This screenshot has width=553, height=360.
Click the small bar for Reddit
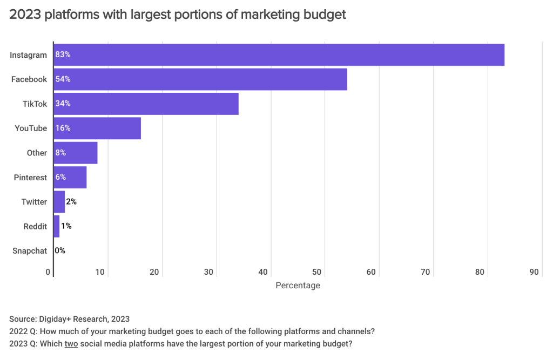tap(56, 226)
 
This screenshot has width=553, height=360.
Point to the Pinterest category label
tap(31, 178)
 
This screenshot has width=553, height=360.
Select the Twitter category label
tap(34, 202)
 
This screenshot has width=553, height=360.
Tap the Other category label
tap(37, 153)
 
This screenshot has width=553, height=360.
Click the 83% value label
tap(63, 55)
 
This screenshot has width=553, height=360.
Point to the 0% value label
tap(60, 251)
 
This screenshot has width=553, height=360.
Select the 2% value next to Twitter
tap(71, 202)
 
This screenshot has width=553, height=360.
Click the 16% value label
tap(63, 128)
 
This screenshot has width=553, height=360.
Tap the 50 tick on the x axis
tap(317, 273)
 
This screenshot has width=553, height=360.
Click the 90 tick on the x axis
tap(534, 273)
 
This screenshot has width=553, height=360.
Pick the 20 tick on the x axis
tap(154, 273)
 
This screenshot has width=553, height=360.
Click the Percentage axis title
tap(298, 286)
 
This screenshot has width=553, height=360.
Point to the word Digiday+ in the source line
tap(60, 319)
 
